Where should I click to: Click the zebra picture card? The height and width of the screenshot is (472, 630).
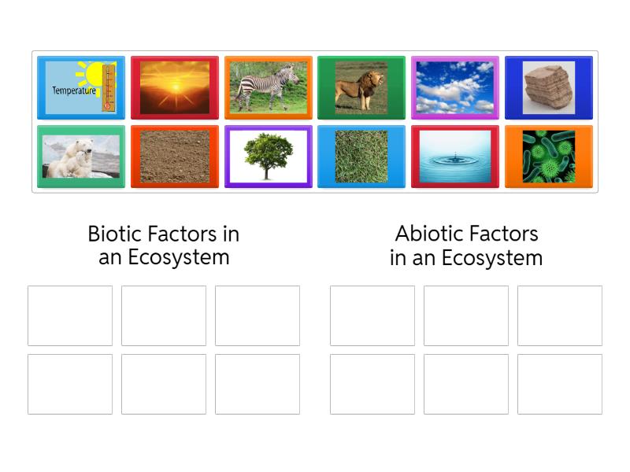coord(268,87)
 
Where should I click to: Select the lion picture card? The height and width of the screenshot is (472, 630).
coord(361,87)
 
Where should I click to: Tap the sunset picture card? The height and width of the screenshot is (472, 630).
coord(175,87)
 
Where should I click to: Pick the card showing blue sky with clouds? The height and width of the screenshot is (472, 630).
coord(455,87)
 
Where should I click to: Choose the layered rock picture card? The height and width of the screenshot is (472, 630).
coord(549,87)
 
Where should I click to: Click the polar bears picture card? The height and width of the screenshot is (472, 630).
coord(81,157)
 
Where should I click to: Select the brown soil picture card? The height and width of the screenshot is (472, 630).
coord(175,157)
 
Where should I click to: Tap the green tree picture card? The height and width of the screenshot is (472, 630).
coord(268,157)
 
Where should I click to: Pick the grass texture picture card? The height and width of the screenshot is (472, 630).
coord(361,157)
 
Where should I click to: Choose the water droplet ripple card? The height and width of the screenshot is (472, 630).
coord(455,157)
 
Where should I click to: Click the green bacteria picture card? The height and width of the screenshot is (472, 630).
coord(549,157)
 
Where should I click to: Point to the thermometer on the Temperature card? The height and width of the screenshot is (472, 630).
coord(108,87)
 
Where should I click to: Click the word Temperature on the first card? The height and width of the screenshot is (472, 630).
coord(73,90)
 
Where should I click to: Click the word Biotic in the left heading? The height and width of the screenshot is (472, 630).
coord(113,234)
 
